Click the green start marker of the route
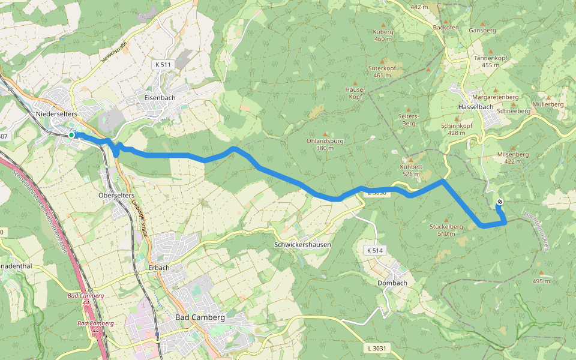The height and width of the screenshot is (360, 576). [71, 135]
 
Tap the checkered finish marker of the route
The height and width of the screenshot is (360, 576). [500, 202]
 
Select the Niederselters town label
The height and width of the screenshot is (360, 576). [57, 113]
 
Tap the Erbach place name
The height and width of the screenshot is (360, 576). [159, 268]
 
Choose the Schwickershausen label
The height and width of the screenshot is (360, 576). [302, 245]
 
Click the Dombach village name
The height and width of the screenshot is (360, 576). [392, 283]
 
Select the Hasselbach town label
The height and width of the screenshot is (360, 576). [475, 107]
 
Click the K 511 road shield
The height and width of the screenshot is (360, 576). [163, 64]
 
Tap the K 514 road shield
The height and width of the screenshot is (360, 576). [375, 250]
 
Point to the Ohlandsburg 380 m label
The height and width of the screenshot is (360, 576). [325, 145]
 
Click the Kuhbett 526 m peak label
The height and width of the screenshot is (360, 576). [411, 170]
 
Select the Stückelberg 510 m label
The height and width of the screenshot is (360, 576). [446, 230]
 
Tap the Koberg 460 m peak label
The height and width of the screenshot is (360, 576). [383, 35]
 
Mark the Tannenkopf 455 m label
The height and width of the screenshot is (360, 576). [487, 61]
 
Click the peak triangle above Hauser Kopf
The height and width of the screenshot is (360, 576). [355, 83]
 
